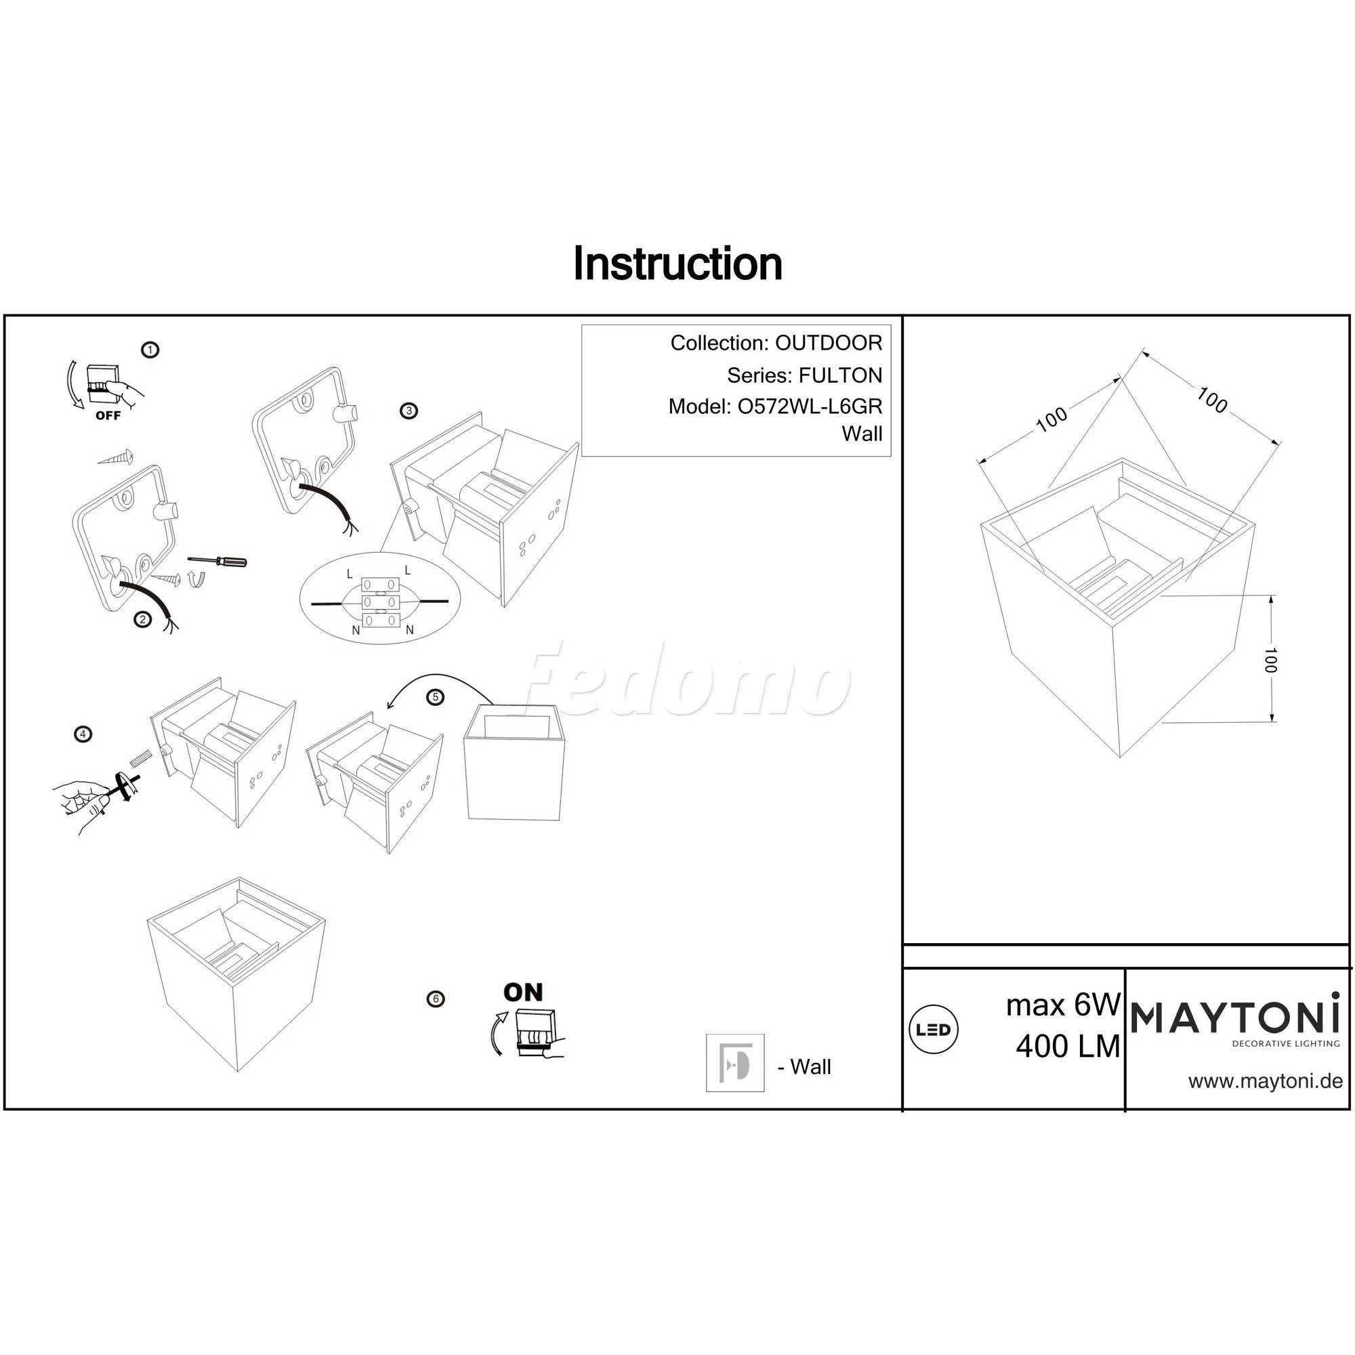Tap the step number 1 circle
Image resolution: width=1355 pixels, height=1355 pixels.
[150, 350]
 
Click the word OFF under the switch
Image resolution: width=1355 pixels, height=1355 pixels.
[108, 415]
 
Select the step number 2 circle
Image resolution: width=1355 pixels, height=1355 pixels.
[143, 619]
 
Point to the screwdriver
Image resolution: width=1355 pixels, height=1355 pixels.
[217, 560]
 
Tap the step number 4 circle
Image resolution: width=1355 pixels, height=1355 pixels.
[83, 734]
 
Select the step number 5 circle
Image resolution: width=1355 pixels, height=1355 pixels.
[436, 697]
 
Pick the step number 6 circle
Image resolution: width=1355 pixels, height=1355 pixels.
[436, 999]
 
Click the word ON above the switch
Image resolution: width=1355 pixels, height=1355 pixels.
[523, 993]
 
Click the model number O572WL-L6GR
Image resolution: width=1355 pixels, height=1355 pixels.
[810, 406]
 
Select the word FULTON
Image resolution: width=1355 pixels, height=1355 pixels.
[840, 375]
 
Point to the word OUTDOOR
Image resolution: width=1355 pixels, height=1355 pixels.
[829, 343]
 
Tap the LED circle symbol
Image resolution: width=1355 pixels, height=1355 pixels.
[934, 1030]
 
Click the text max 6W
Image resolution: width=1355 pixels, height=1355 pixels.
[1063, 1005]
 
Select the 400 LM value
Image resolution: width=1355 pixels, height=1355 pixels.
[1068, 1047]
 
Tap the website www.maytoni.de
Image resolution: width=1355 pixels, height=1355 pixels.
[1265, 1081]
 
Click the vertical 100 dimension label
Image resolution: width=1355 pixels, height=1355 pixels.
[1270, 660]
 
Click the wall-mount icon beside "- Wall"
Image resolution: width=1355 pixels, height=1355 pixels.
[735, 1062]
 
